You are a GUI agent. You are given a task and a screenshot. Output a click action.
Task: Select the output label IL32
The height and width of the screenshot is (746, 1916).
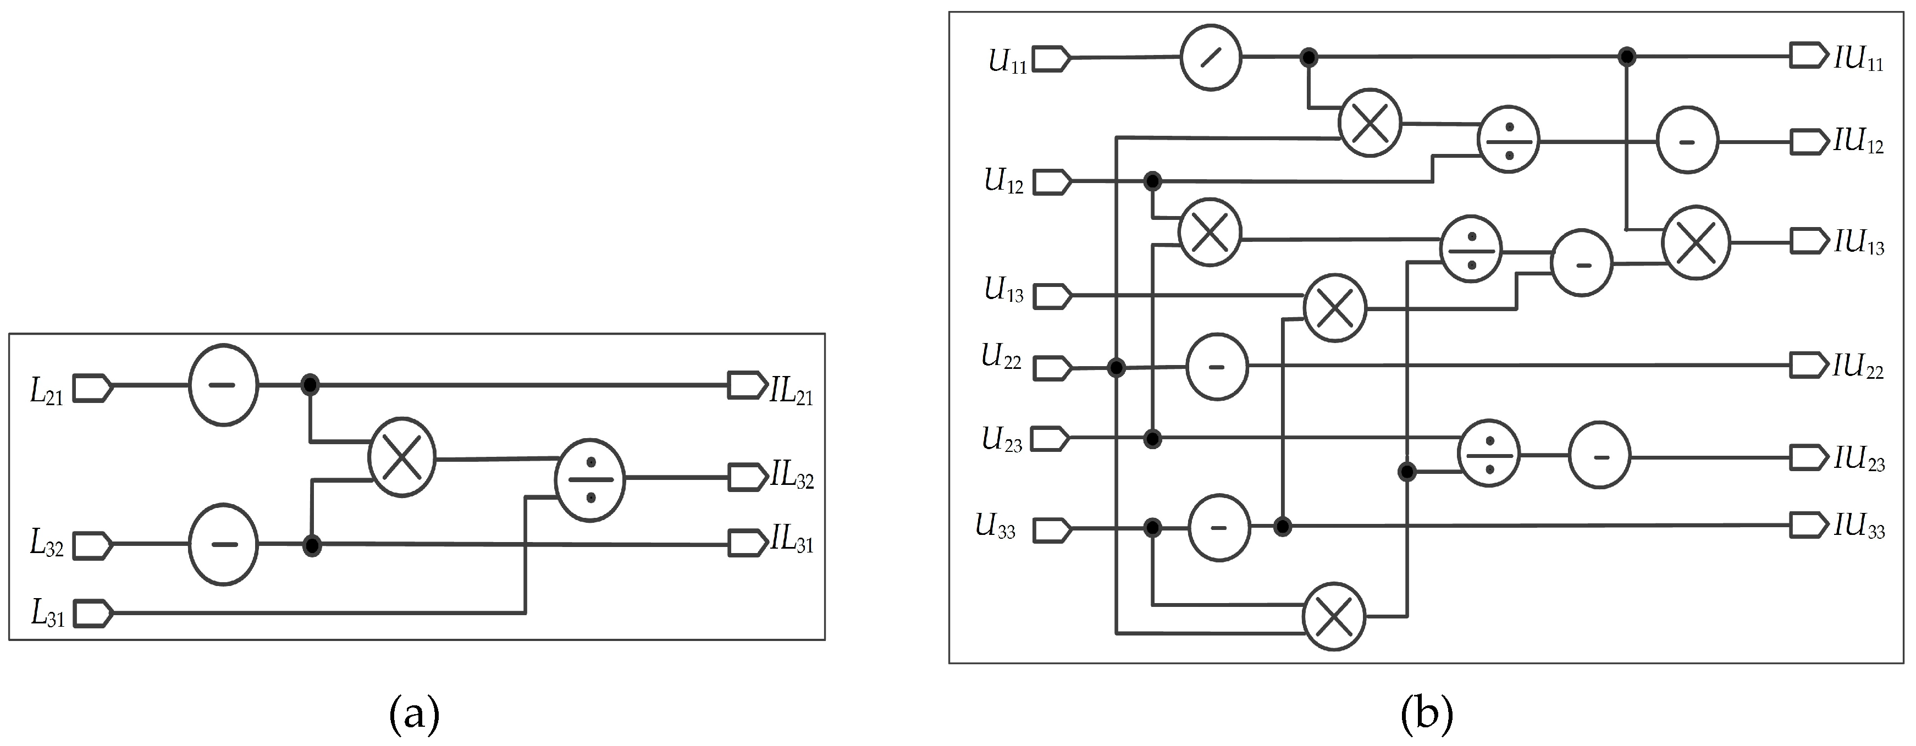pos(791,476)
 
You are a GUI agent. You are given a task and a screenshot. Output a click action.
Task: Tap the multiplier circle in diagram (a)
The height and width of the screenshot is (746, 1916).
pos(402,457)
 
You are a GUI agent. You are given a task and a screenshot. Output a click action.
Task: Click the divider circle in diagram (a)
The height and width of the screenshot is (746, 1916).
pos(590,480)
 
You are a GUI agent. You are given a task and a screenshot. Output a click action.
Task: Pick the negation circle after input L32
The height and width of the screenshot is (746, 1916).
pos(223,544)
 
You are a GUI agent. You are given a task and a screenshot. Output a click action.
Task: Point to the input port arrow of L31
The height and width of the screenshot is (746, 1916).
pos(93,614)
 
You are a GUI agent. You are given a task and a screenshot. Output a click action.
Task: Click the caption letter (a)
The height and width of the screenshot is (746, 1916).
pos(415,714)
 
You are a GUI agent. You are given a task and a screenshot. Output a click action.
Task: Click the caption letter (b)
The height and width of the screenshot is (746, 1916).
pos(1426,714)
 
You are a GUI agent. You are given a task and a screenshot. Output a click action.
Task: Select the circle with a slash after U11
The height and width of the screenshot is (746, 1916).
pos(1211,57)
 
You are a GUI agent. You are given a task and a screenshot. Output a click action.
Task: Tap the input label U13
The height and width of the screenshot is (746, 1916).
pos(1003,290)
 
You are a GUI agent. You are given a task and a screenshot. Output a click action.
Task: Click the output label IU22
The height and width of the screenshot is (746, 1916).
pos(1857,367)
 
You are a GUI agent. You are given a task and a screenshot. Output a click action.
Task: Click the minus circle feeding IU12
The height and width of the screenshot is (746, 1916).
pos(1687,141)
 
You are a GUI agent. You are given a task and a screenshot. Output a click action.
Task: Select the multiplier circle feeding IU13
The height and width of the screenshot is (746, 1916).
pos(1696,242)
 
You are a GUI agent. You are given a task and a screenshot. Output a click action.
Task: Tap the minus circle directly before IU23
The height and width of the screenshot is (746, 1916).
pos(1599,456)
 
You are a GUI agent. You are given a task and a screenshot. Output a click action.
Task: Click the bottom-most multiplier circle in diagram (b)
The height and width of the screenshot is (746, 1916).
pos(1334,616)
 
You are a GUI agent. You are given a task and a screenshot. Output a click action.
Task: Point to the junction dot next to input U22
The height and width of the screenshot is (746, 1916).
pos(1116,367)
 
